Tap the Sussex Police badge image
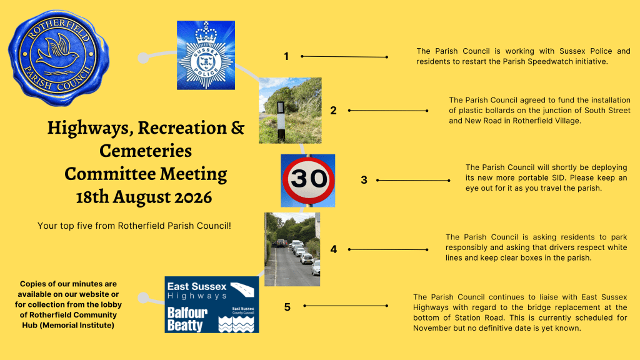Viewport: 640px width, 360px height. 206,55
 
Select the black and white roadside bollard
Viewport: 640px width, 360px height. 281,122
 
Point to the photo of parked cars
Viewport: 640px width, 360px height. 292,249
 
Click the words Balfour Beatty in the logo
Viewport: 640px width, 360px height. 187,319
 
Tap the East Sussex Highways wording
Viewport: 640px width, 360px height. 197,291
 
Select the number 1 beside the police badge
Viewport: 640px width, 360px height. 286,56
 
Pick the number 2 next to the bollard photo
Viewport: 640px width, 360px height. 334,110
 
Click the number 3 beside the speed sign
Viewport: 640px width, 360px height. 364,180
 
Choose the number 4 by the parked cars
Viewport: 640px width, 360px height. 334,249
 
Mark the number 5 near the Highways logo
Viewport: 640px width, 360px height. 287,307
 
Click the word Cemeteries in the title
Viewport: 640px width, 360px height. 146,151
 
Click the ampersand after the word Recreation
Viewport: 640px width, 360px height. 237,127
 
